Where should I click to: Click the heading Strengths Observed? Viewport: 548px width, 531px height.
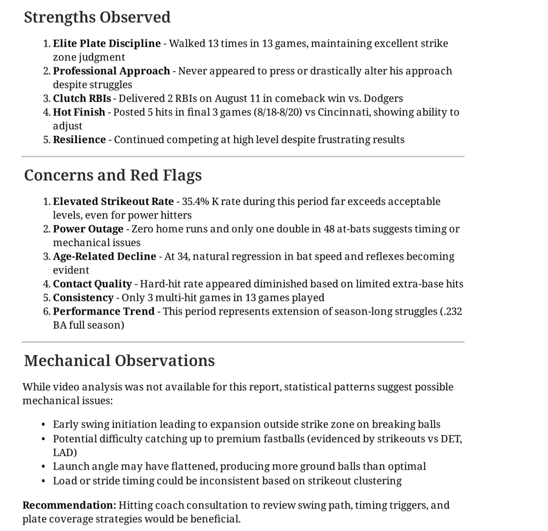pos(97,17)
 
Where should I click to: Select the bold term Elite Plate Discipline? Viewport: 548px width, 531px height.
pos(106,43)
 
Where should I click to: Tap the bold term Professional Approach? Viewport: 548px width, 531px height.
pos(111,71)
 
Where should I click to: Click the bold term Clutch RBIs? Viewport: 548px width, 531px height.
pos(82,98)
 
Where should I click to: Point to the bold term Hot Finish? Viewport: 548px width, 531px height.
pos(79,112)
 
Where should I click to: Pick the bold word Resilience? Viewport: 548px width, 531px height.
pos(79,140)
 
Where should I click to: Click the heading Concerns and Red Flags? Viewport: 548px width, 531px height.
pos(113,175)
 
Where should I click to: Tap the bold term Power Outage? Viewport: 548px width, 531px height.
pos(88,229)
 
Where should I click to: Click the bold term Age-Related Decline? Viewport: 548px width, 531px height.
pos(104,256)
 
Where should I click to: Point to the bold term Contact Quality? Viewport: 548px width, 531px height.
pos(92,284)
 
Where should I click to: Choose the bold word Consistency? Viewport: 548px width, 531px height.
pos(83,298)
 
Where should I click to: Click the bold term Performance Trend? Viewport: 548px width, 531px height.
pos(103,312)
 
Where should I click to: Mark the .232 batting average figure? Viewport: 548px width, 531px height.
pos(452,312)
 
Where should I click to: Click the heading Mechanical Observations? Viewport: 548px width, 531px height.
pos(119,360)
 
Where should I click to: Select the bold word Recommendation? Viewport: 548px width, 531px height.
pos(69,505)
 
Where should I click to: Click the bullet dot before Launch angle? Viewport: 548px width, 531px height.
pos(43,467)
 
